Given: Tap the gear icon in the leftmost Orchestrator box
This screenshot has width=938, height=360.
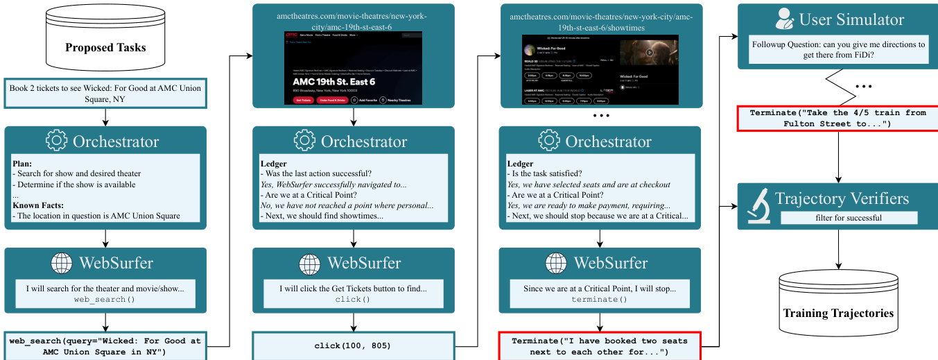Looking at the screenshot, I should (x=56, y=141).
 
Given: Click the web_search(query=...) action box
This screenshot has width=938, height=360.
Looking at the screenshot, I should (x=105, y=346).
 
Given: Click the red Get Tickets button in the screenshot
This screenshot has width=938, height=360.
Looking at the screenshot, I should (x=303, y=100).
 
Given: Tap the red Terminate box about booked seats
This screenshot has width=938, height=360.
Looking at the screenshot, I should (x=600, y=346).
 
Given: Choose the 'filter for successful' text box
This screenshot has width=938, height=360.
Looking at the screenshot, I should (x=849, y=217).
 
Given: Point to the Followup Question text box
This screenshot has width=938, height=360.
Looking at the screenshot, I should (x=838, y=49).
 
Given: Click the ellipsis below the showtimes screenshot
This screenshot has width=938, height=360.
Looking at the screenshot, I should (x=600, y=114).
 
